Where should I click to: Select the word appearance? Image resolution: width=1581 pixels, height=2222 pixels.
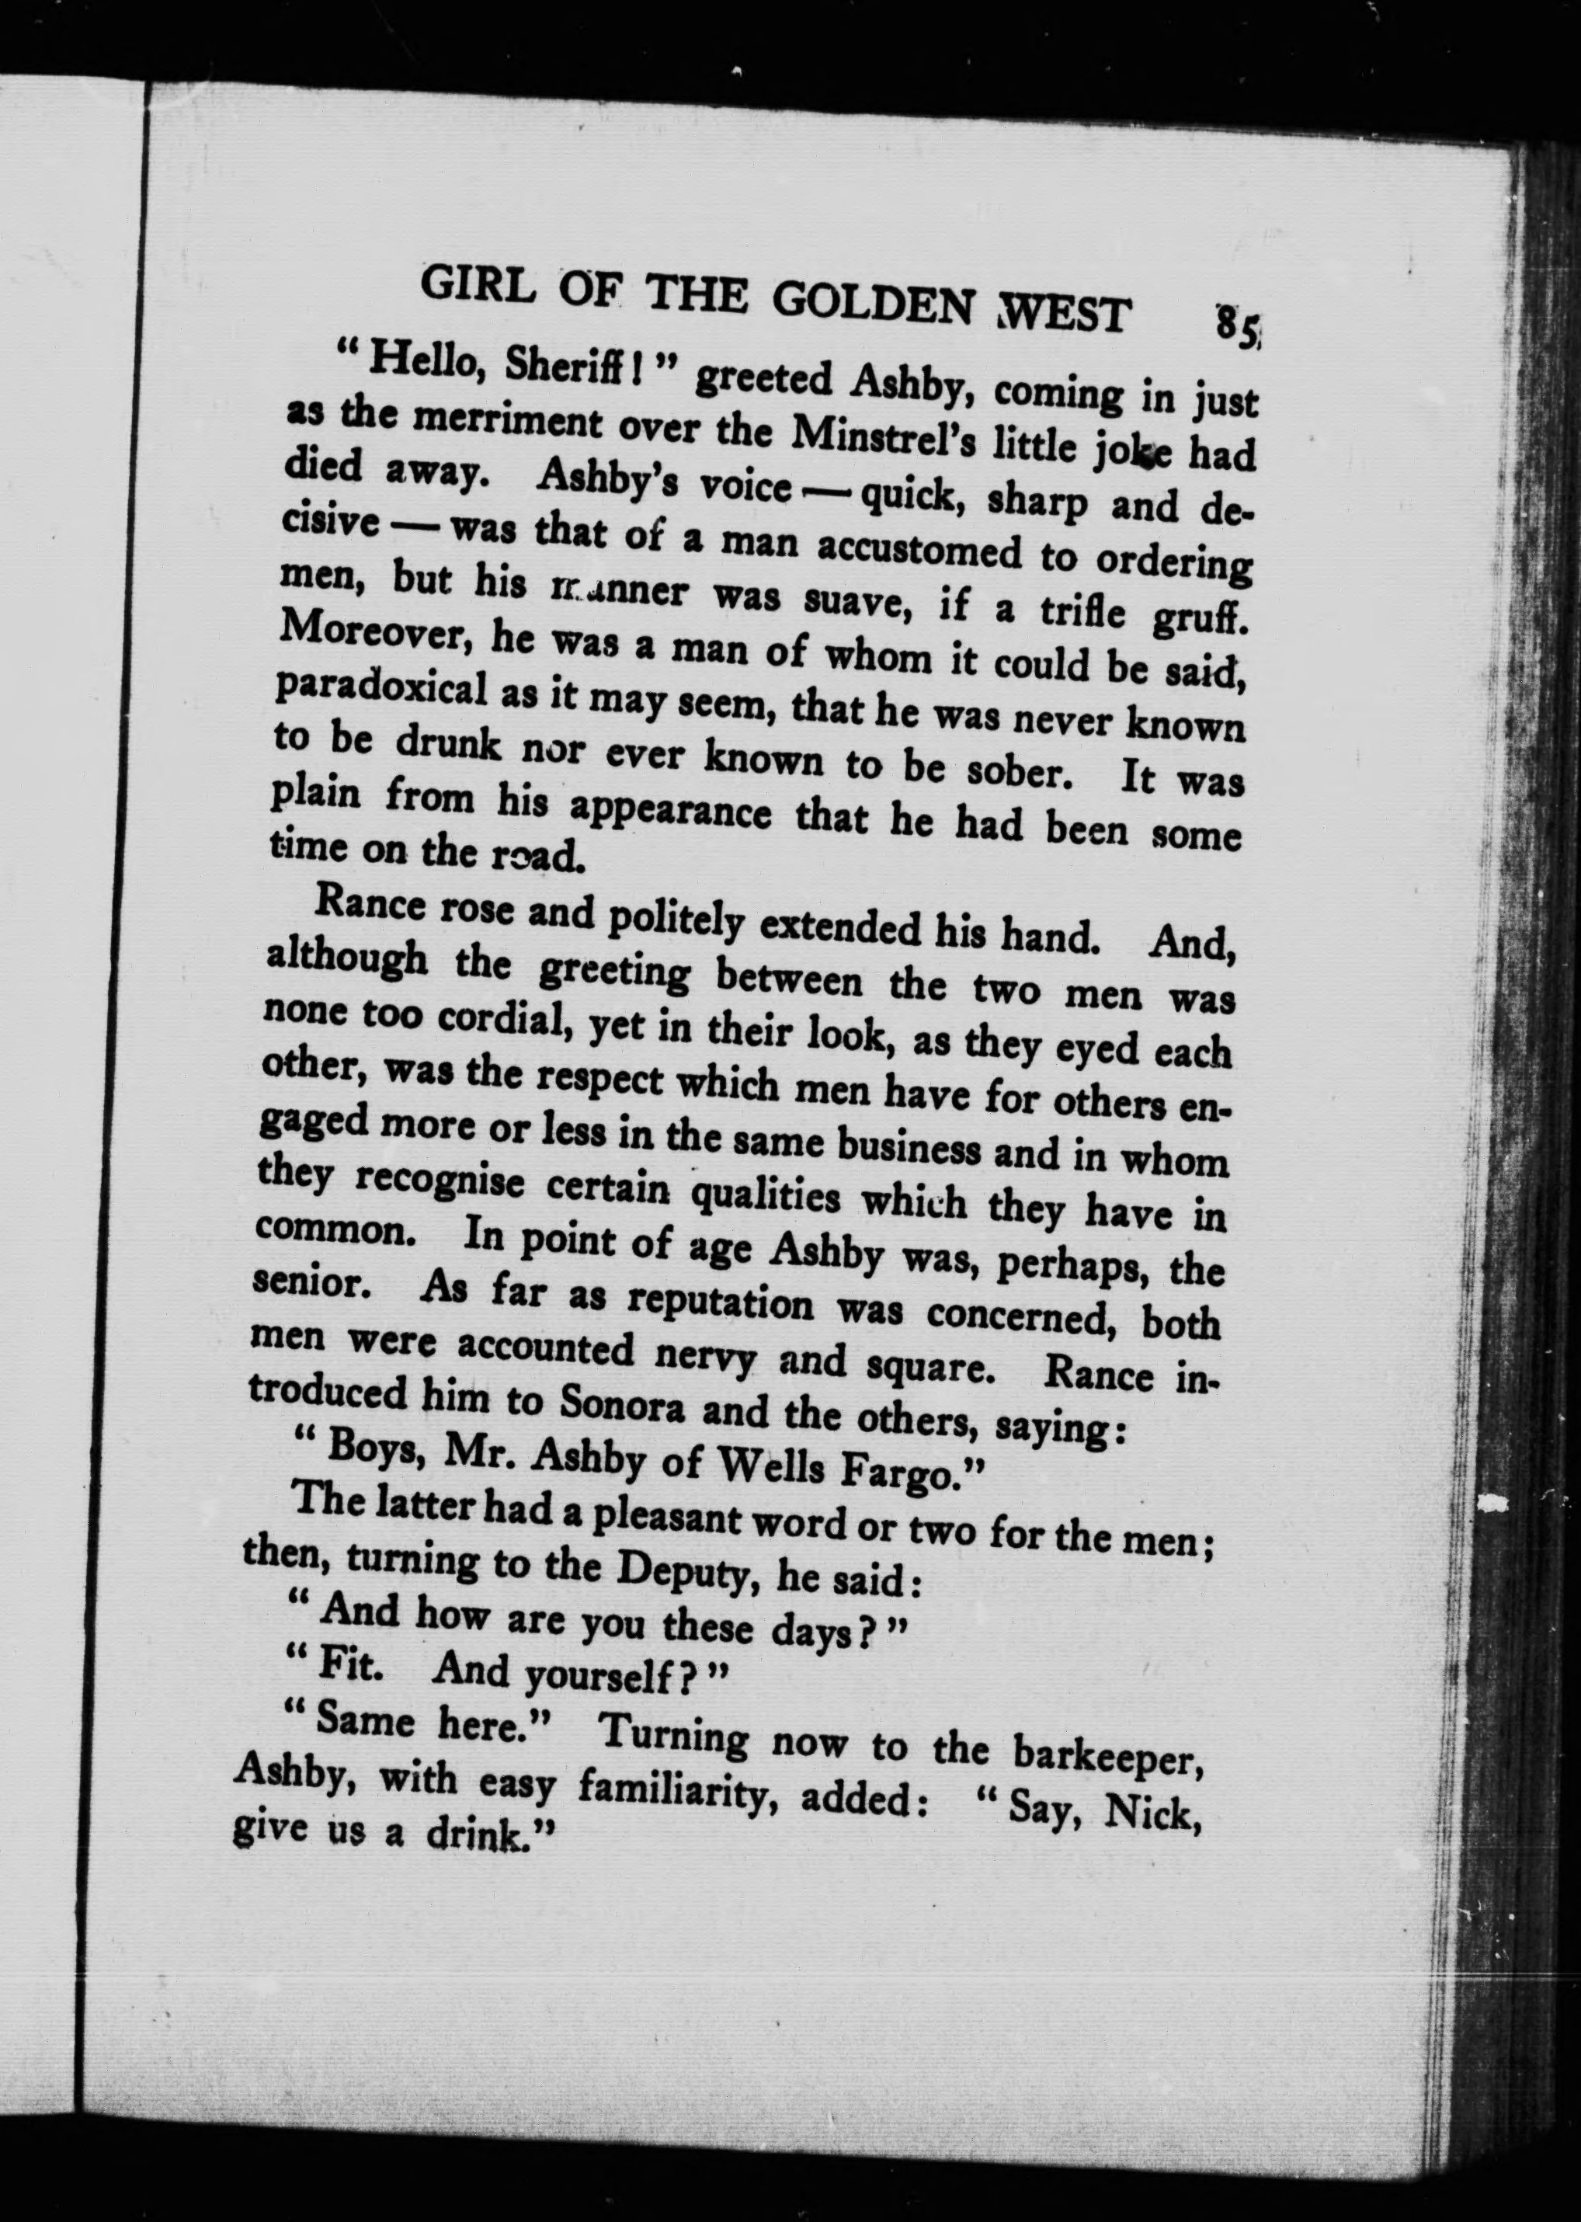point(669,810)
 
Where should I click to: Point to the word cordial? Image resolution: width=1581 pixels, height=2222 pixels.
point(507,1018)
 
